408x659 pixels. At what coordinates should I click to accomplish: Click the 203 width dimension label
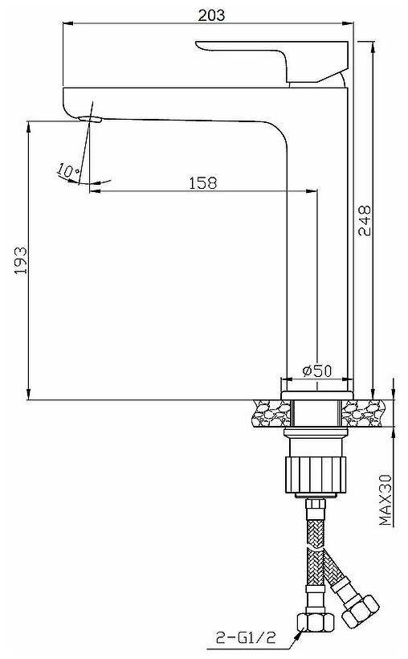coord(212,15)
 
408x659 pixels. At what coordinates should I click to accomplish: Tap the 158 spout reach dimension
coord(203,183)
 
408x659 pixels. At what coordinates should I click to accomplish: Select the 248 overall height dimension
coord(365,220)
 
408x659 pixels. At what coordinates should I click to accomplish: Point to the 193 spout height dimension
coord(21,260)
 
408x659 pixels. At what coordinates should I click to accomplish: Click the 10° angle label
coord(67,170)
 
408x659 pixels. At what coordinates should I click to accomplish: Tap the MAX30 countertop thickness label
coord(386,500)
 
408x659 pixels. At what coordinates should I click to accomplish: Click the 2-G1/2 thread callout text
coord(246,637)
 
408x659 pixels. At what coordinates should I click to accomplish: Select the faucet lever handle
coord(272,61)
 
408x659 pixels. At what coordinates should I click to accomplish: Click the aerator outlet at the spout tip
coord(90,120)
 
